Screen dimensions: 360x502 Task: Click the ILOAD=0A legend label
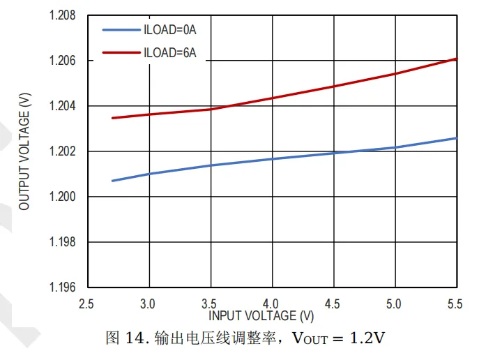click(169, 30)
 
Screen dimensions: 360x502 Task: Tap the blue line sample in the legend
click(121, 30)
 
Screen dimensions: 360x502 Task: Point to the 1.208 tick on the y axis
click(62, 15)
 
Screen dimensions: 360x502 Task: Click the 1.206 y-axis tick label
click(62, 61)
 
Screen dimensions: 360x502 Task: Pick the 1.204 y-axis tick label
click(62, 106)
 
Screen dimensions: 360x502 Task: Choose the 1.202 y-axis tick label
click(62, 151)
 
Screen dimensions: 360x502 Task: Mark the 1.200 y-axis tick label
click(62, 197)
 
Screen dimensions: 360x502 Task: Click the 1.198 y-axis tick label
click(62, 242)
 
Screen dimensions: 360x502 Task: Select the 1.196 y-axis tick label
click(62, 287)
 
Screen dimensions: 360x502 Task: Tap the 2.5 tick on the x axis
click(86, 304)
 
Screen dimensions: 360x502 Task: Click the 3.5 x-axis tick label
click(210, 304)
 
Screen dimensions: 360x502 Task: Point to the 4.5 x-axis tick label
click(333, 304)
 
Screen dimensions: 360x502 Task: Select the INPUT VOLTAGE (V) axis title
click(261, 316)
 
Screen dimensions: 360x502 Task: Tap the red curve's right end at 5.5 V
click(456, 59)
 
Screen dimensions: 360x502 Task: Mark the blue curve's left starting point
click(112, 181)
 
